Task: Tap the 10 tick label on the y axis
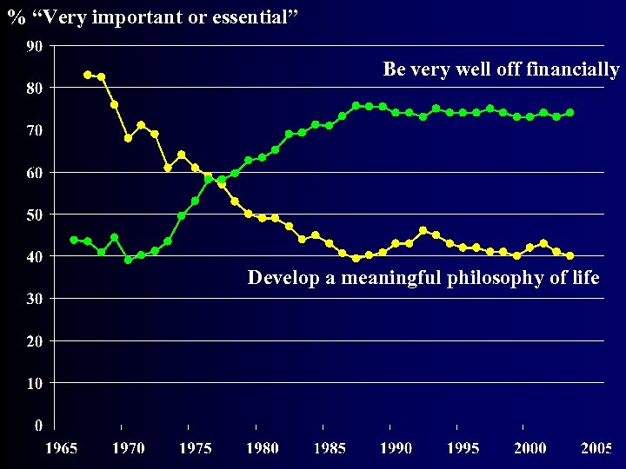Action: point(36,383)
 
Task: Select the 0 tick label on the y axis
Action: point(39,426)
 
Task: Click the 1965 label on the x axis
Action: point(62,448)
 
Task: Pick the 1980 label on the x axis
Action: point(263,448)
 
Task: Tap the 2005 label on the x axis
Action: point(596,448)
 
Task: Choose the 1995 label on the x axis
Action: point(463,448)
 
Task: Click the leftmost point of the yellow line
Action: point(87,75)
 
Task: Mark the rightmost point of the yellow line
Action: point(570,256)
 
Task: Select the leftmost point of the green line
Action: point(74,240)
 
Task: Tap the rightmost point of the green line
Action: point(570,112)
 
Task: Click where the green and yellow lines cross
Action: point(212,179)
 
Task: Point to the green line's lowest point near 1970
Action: point(128,259)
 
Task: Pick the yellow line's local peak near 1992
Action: point(423,230)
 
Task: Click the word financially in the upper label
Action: point(573,69)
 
